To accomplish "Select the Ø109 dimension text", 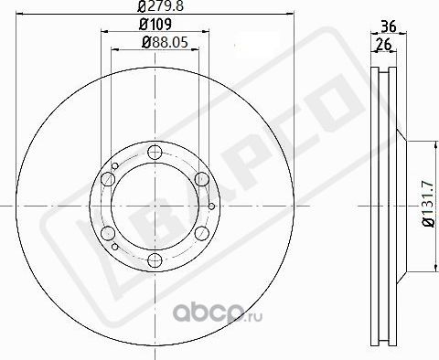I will tap(155, 26).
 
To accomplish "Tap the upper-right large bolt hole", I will tap(200, 179).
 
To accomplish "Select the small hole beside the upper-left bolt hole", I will tap(114, 166).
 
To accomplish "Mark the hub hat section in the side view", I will tap(400, 205).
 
